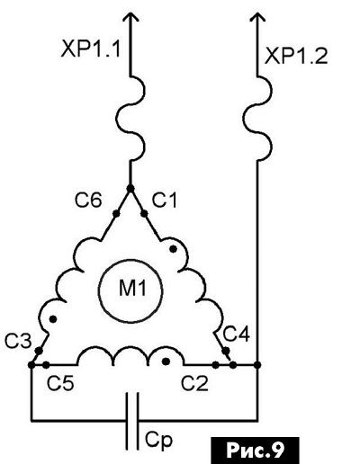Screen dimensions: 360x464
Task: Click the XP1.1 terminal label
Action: point(91,49)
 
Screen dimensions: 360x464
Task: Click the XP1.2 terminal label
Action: point(296,56)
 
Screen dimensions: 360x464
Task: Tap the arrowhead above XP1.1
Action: point(130,17)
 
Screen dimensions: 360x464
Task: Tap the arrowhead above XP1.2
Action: point(257,17)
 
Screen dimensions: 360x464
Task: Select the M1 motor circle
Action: point(130,291)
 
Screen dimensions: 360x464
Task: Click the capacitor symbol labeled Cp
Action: point(132,421)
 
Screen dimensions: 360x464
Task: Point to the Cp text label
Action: point(159,441)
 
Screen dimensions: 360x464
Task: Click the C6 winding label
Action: point(88,201)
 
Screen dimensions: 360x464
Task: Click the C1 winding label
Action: point(164,201)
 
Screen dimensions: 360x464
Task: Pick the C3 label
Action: point(18,341)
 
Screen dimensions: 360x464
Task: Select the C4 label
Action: point(237,334)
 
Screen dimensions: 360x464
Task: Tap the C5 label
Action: point(60,382)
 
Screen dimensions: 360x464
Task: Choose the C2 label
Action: point(194,382)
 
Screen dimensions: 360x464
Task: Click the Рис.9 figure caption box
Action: point(256,451)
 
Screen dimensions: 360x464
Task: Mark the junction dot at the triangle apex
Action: point(130,189)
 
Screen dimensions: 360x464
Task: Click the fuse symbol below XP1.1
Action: point(130,119)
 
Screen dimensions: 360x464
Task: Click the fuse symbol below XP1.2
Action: point(257,119)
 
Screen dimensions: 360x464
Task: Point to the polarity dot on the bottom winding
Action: point(166,361)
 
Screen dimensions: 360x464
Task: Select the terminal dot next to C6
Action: point(116,214)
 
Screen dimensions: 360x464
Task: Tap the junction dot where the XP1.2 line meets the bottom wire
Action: point(257,365)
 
